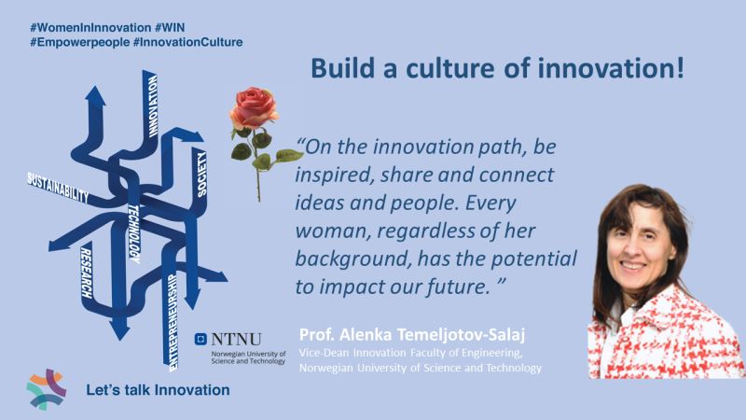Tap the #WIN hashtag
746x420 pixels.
(x=170, y=27)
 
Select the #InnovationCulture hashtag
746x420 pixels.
(x=188, y=42)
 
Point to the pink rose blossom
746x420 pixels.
(x=254, y=107)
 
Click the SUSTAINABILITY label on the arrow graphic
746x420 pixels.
(x=58, y=189)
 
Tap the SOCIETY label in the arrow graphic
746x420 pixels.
(x=201, y=175)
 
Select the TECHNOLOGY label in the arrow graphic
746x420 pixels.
(x=133, y=234)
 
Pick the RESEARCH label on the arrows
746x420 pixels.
(x=86, y=273)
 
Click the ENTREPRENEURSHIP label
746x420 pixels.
(x=173, y=322)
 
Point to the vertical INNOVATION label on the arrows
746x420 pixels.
(x=152, y=106)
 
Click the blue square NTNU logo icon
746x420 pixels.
(x=200, y=339)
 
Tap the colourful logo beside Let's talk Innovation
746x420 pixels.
(x=46, y=389)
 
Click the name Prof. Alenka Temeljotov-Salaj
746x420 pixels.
(x=412, y=335)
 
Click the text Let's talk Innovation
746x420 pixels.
(x=158, y=390)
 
